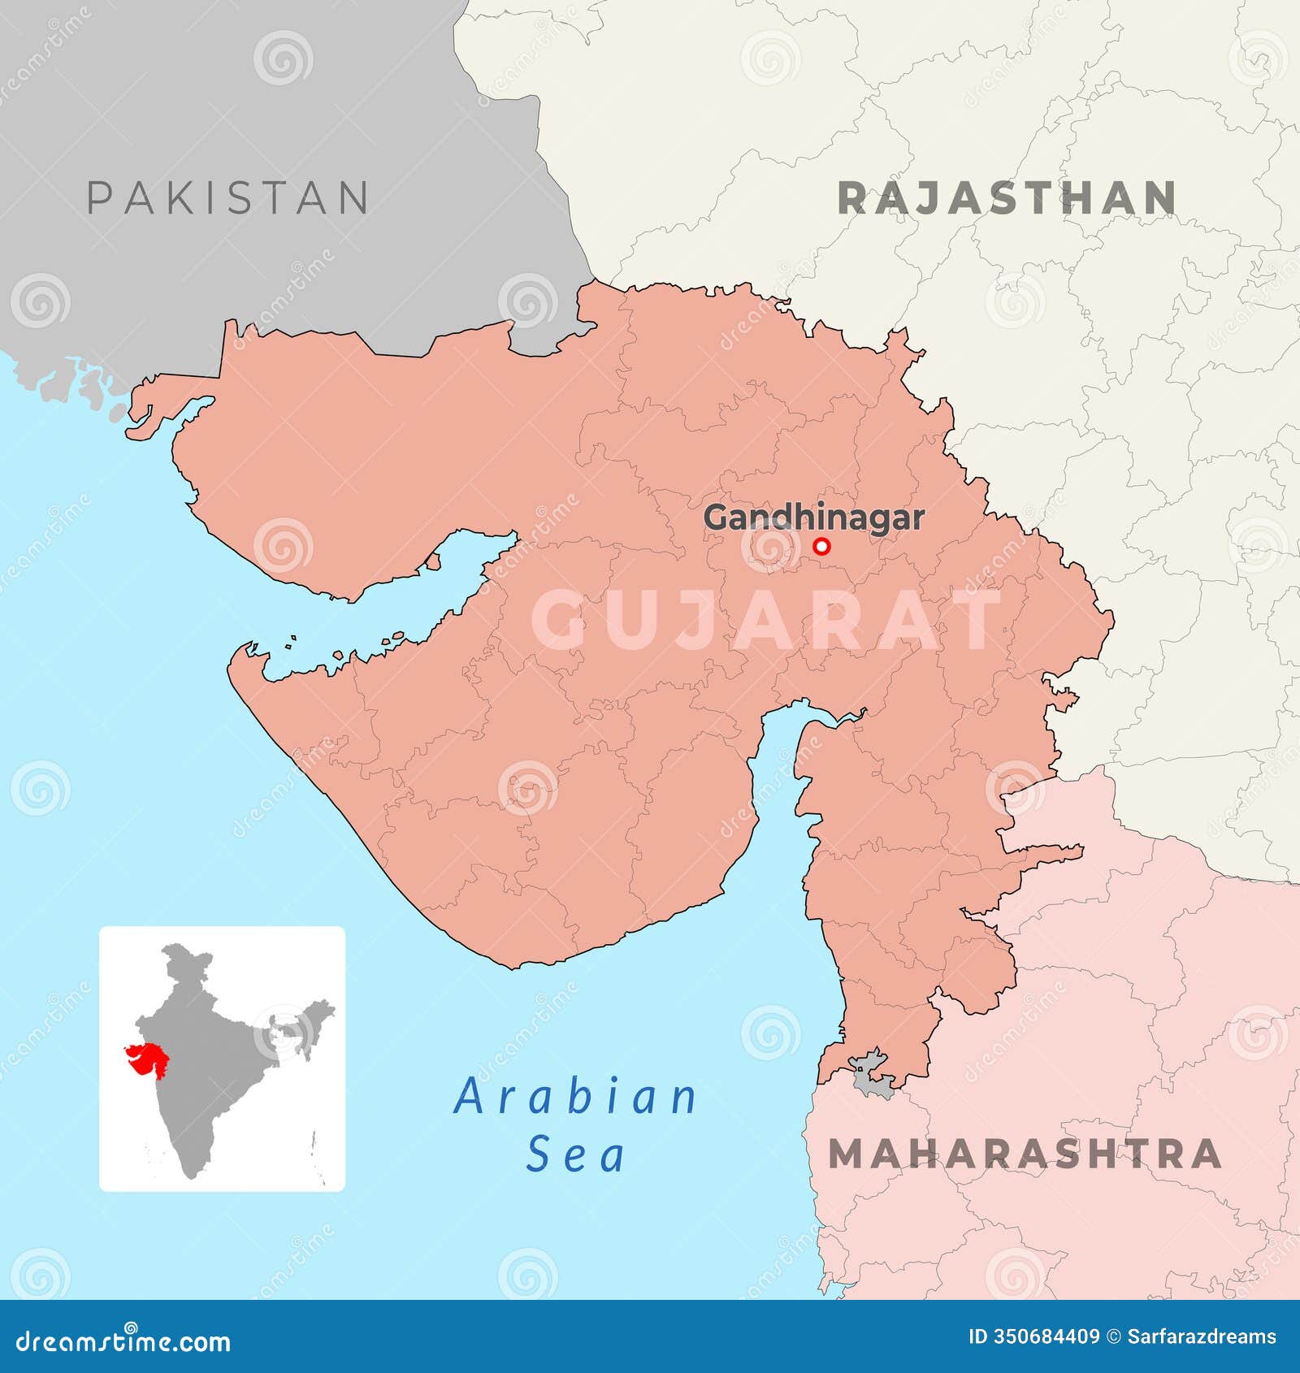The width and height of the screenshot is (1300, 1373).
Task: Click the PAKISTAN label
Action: click(227, 198)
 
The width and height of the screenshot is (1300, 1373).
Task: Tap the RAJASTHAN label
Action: click(1007, 199)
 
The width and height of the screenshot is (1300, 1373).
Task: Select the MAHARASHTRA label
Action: click(1025, 1154)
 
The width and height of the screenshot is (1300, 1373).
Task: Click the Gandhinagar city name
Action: click(813, 518)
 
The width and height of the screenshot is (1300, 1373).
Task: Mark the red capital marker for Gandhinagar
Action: click(822, 546)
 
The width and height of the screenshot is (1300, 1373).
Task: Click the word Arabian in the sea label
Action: click(575, 1097)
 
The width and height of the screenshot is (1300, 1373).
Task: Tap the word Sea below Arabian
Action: click(575, 1154)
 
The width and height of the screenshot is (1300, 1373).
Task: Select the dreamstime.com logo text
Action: click(123, 1341)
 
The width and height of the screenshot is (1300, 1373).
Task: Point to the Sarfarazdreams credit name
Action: click(1202, 1337)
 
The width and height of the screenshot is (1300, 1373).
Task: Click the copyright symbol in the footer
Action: click(1115, 1337)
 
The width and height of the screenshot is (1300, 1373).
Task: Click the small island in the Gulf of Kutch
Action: click(433, 561)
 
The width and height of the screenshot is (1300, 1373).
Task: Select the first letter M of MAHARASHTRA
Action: click(850, 1154)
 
